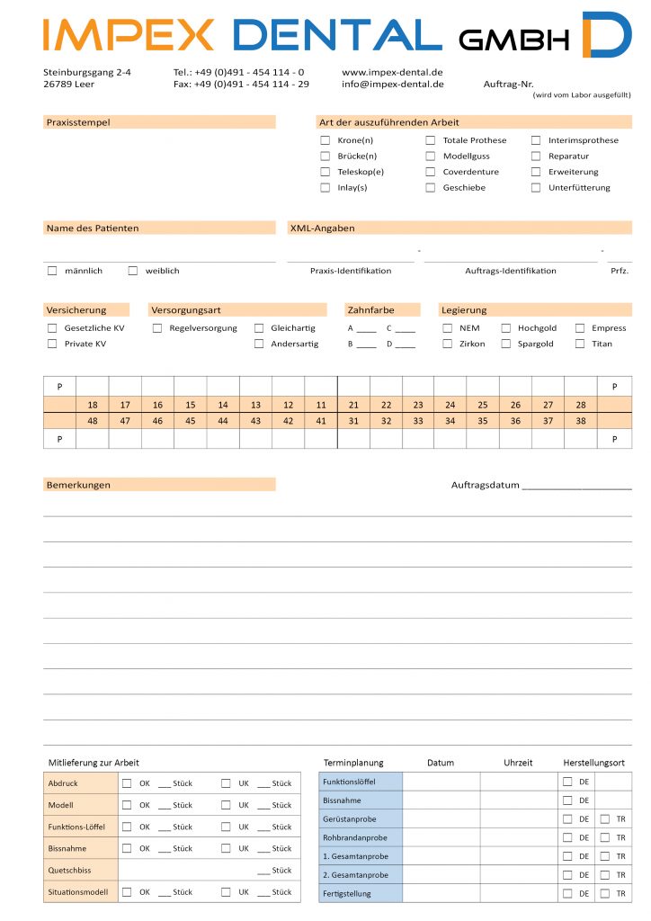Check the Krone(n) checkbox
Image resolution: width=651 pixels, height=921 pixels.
point(325,140)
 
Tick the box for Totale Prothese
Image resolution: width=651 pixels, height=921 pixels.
point(430,140)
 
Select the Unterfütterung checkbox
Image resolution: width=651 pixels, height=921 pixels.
point(536,188)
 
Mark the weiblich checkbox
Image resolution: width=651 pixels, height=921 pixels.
point(133,271)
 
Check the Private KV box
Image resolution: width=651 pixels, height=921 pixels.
point(52,344)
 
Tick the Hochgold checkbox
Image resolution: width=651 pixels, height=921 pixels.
point(506,328)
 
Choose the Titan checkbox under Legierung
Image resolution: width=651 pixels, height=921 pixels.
point(580,344)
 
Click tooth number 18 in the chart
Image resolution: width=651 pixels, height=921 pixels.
point(93,405)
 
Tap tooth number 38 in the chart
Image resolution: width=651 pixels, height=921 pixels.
point(580,421)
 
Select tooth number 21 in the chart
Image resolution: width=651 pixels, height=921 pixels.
point(353,405)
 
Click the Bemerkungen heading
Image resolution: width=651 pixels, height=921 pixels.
point(78,485)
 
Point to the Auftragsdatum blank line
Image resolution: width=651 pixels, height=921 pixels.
point(575,487)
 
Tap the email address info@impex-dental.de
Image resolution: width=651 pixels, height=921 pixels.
point(393,85)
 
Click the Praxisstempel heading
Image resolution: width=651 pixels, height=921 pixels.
point(78,122)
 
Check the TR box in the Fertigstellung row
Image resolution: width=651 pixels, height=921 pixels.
point(605,893)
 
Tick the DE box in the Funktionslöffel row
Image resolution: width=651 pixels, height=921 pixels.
point(567,781)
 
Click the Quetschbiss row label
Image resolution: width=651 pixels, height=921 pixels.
point(69,871)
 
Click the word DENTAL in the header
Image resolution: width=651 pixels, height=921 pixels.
point(337,36)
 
